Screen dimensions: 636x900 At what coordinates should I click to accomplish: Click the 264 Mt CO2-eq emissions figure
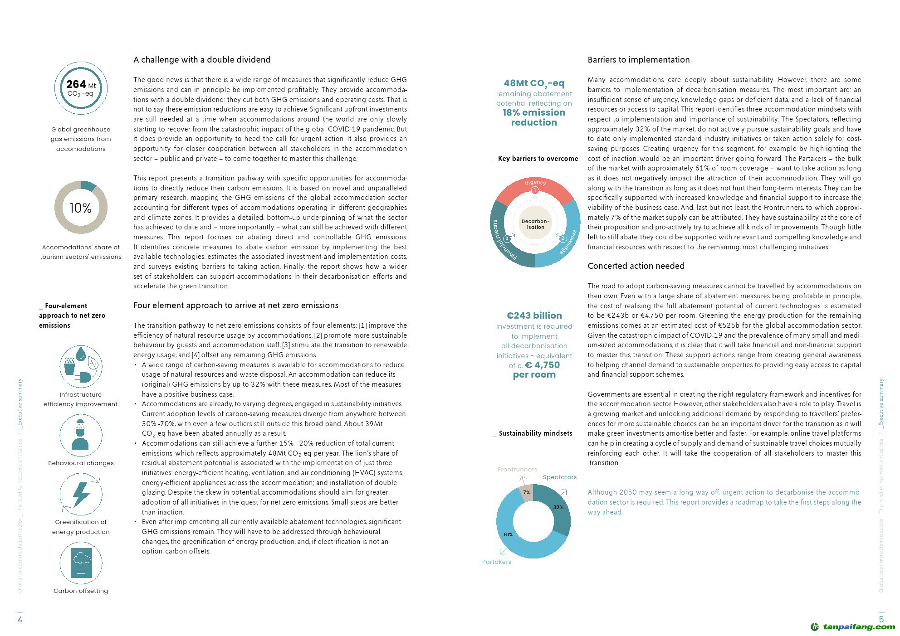point(81,88)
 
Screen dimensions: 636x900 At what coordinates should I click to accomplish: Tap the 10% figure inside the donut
point(81,208)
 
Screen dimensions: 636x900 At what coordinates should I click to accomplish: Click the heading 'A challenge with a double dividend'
point(202,60)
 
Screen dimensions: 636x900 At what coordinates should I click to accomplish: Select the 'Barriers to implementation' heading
point(638,60)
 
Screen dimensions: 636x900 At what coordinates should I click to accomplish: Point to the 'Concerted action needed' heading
point(636,266)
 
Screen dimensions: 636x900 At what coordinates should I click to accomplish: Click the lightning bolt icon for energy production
point(81,494)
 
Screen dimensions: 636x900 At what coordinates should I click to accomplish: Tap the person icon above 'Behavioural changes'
point(81,435)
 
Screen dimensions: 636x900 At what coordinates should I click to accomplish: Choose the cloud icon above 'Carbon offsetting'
point(81,563)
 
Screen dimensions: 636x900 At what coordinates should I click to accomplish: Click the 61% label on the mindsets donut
point(508,534)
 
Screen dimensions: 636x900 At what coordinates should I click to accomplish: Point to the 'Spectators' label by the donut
point(559,477)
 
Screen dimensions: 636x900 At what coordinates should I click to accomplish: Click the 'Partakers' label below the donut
point(496,562)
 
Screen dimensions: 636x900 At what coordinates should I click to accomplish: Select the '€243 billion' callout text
point(534,316)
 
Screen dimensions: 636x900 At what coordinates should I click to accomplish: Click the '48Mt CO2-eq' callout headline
point(534,83)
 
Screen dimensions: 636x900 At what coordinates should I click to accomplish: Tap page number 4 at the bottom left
point(20,619)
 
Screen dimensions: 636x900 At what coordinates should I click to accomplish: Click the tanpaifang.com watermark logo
point(853,627)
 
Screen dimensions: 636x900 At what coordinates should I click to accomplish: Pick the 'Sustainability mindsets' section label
point(535,433)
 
